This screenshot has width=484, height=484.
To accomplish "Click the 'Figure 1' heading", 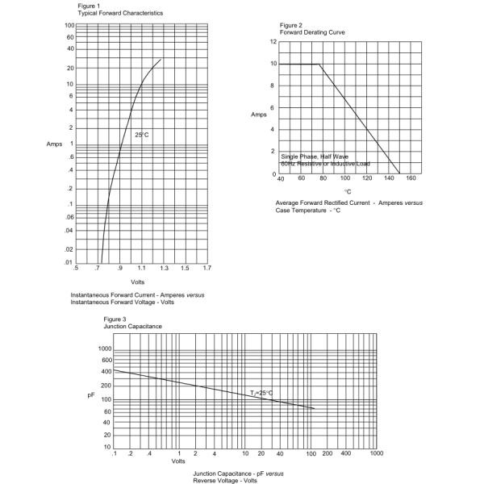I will (x=90, y=6).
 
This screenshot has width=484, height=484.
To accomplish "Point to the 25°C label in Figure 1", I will (x=142, y=135).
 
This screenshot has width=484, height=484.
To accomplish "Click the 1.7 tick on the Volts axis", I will (x=207, y=268).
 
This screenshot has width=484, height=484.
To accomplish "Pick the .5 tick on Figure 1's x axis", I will (x=76, y=268).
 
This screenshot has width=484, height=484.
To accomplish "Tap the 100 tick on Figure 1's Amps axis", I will (x=69, y=25).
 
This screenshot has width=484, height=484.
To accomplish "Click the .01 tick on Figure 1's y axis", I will (x=69, y=261).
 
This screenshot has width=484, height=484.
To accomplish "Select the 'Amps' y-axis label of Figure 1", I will (x=54, y=144).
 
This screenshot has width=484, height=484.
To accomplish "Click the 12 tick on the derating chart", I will (x=273, y=41).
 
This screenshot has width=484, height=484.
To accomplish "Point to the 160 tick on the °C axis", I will (x=411, y=178).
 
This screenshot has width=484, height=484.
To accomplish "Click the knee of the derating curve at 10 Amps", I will (x=320, y=64).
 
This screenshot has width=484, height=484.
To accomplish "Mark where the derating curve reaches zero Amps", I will (x=398, y=173).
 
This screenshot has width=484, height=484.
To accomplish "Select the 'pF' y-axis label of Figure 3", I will (x=91, y=395).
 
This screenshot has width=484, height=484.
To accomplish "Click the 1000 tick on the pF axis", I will (x=105, y=348).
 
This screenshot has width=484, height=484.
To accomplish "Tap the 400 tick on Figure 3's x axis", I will (x=346, y=454).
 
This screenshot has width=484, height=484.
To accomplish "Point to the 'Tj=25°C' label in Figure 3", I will (x=261, y=393).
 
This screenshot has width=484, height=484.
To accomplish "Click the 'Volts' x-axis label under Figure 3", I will (x=178, y=461).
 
